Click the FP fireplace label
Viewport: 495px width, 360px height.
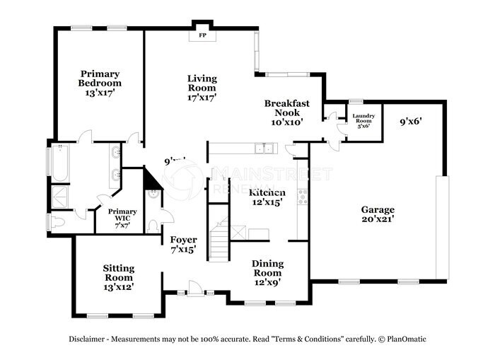[202, 35]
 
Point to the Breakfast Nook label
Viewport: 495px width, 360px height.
[286, 112]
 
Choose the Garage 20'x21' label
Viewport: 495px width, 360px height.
[378, 214]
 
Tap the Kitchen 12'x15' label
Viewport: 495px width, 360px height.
[267, 197]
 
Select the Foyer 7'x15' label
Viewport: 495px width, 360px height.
[183, 245]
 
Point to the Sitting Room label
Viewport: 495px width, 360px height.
[119, 277]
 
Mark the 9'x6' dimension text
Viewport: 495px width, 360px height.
[410, 121]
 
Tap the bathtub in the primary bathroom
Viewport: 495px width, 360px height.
[59, 163]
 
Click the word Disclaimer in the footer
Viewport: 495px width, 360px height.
[90, 339]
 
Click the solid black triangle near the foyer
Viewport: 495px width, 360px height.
[152, 182]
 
